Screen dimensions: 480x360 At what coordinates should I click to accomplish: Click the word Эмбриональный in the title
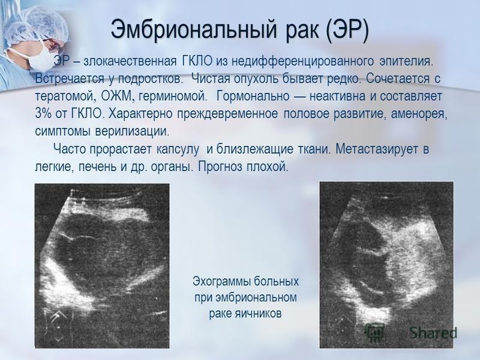pos(194,29)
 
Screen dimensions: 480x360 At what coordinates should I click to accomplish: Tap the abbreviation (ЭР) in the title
pos(347,29)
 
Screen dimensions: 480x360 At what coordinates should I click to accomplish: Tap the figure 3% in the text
pos(43,114)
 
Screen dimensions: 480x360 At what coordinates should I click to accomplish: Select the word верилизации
pos(132,131)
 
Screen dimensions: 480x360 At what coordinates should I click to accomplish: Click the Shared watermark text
pos(433,332)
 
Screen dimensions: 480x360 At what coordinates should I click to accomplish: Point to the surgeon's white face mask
pos(39,59)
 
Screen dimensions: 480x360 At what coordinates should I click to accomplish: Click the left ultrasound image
pos(102,266)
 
